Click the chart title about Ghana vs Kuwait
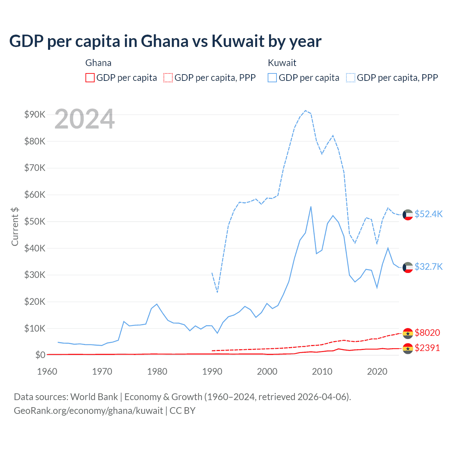click(165, 41)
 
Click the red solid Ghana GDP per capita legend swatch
click(90, 78)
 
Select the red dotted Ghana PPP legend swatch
click(168, 78)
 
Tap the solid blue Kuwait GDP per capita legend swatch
click(272, 78)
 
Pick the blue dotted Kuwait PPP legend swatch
click(351, 78)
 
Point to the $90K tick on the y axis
click(35, 114)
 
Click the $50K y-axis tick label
click(35, 221)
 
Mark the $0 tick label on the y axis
click(40, 355)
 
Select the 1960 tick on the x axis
click(47, 371)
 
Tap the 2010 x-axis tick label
click(322, 371)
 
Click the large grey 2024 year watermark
click(85, 119)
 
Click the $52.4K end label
click(428, 214)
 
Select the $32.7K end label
click(428, 267)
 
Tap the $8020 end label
click(427, 333)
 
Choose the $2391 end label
click(427, 348)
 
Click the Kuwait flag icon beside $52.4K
click(408, 215)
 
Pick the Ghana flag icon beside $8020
click(408, 333)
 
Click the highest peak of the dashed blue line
click(305, 111)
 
